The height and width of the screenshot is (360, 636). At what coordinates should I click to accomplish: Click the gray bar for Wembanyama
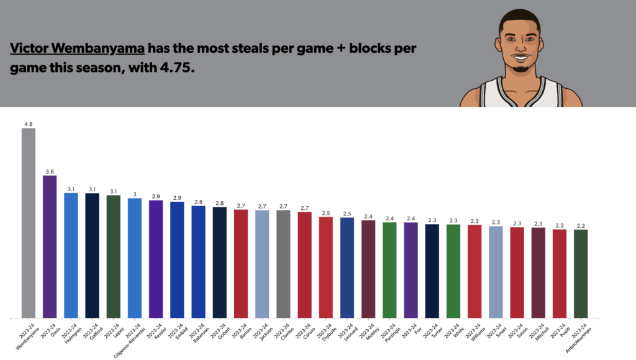[29, 223]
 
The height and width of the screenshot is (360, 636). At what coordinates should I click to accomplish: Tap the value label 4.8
[29, 124]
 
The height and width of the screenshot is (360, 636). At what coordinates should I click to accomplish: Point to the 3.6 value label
[50, 171]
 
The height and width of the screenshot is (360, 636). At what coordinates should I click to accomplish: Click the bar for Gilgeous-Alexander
[135, 258]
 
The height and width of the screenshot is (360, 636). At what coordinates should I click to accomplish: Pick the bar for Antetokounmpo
[581, 274]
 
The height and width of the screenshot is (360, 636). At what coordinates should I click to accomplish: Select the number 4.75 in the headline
[178, 68]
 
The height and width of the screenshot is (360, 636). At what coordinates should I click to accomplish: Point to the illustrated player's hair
[520, 17]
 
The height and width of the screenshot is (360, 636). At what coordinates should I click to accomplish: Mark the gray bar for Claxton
[283, 264]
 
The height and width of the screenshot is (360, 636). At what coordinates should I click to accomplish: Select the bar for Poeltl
[560, 274]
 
